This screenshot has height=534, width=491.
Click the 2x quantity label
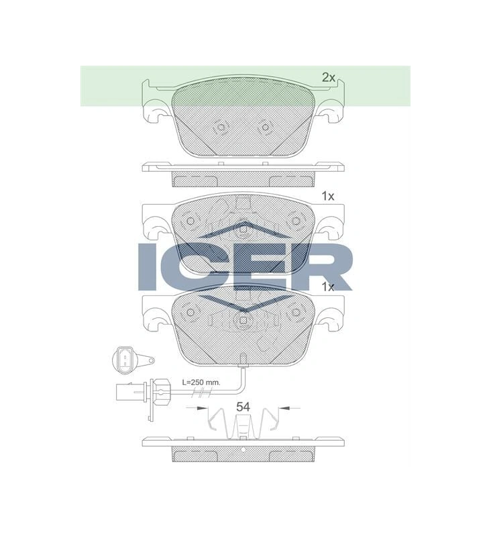click(x=329, y=78)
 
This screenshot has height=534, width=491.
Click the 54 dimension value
click(x=243, y=407)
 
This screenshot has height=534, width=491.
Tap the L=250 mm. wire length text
click(x=201, y=382)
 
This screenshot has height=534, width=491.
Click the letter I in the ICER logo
click(x=147, y=267)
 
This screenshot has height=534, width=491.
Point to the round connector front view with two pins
click(x=125, y=360)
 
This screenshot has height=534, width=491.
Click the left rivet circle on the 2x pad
click(x=221, y=127)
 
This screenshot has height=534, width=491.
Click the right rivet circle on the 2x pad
click(x=265, y=127)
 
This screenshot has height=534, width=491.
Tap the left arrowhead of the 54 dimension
click(x=202, y=407)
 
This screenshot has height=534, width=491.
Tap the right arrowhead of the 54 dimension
click(x=284, y=407)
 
